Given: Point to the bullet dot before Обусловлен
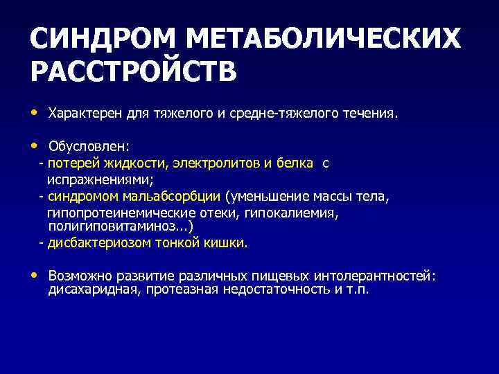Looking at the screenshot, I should point(34,146).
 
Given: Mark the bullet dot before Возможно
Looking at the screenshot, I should point(34,275).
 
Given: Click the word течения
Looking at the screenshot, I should point(373,113).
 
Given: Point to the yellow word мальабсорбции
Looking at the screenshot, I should point(177,197).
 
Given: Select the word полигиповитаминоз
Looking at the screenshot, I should point(119,227).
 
